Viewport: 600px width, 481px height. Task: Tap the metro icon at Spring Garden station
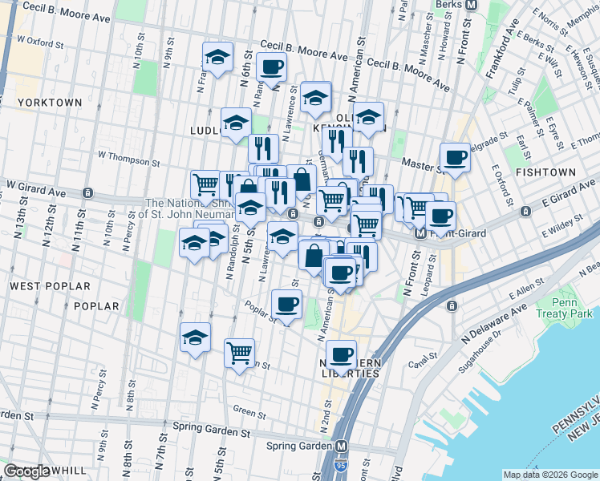[342, 446]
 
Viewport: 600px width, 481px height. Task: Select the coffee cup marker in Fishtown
[455, 156]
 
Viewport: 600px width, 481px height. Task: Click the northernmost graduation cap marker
[217, 56]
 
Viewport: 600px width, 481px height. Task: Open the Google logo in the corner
[27, 471]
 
